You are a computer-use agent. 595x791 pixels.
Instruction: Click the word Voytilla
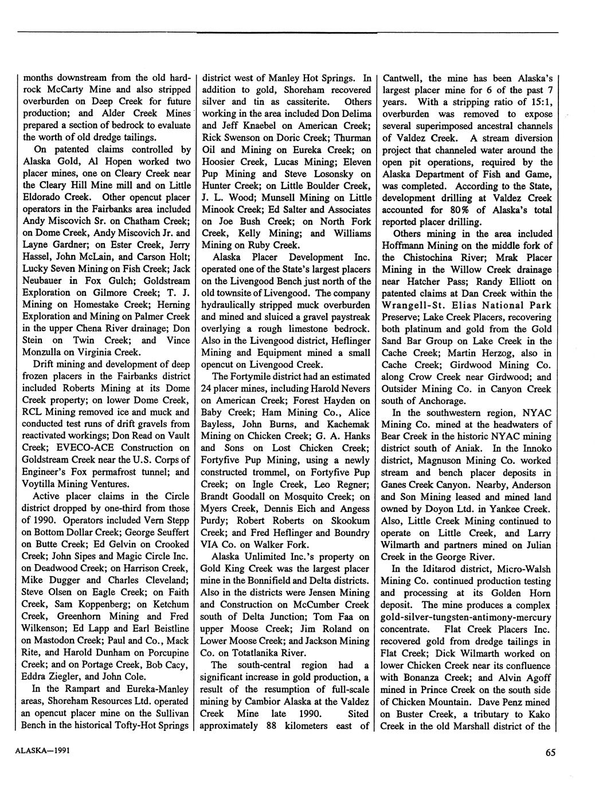pyautogui.click(x=42, y=484)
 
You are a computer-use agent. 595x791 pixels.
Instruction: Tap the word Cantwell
pyautogui.click(x=403, y=78)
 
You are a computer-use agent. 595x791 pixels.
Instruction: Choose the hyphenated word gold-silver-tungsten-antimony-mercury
pyautogui.click(x=466, y=617)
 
